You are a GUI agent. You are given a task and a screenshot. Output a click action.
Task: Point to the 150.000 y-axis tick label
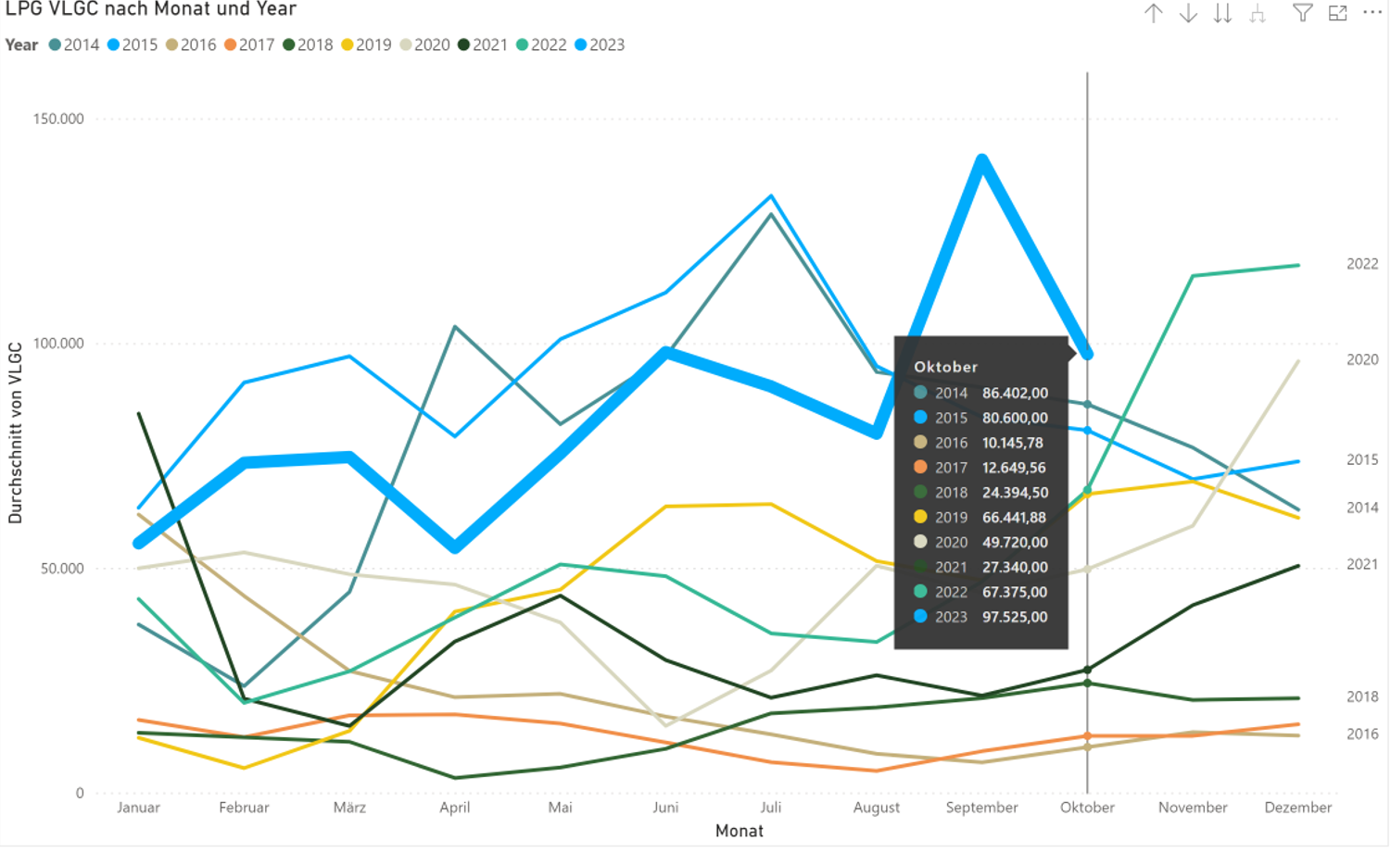click(x=58, y=119)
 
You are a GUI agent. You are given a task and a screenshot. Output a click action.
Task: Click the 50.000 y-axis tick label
click(x=62, y=568)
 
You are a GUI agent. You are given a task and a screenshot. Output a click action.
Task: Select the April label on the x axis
click(x=454, y=807)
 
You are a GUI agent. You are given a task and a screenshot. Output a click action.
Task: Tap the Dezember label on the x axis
click(x=1297, y=807)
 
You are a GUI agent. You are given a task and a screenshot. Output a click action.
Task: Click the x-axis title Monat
click(x=739, y=831)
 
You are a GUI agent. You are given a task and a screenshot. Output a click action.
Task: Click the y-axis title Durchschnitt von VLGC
click(x=15, y=433)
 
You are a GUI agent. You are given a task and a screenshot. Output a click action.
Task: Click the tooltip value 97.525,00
click(x=1015, y=617)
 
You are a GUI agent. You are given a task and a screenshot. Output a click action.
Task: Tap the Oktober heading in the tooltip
click(x=945, y=367)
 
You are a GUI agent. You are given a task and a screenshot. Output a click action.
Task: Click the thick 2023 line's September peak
click(x=981, y=161)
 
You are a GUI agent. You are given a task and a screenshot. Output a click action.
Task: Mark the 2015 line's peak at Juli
click(x=771, y=196)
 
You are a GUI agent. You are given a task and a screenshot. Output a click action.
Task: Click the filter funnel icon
click(x=1302, y=13)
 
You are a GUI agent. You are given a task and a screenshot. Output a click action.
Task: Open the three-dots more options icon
click(x=1372, y=13)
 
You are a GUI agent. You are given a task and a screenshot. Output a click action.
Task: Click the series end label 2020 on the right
click(x=1361, y=359)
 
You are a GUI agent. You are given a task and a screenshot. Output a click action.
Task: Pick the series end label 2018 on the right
click(x=1361, y=696)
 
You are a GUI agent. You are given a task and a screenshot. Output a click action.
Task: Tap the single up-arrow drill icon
click(x=1153, y=13)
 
